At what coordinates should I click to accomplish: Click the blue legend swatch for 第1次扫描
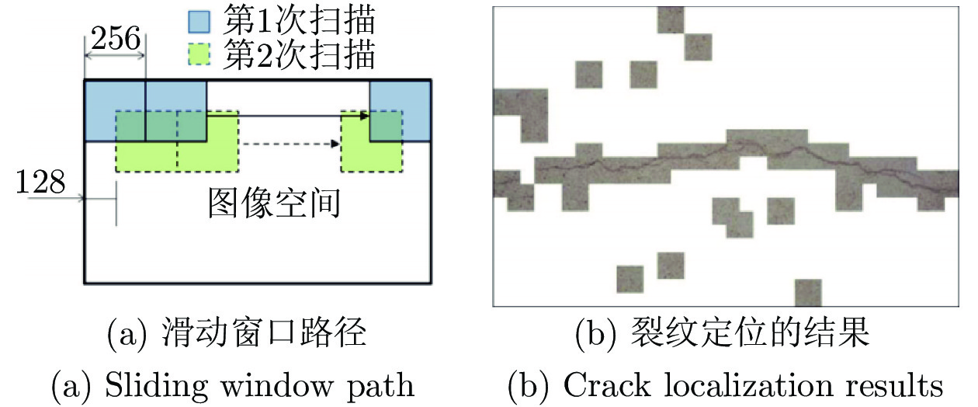tap(199, 22)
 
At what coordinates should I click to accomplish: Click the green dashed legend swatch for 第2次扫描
tap(199, 54)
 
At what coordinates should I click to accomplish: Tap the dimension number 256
tap(116, 38)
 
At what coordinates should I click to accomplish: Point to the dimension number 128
tap(40, 182)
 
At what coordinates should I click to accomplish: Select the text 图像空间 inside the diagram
tap(274, 203)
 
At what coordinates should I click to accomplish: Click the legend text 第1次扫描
tap(299, 20)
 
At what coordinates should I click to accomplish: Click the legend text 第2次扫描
tap(299, 54)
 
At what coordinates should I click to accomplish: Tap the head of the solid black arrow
tap(364, 116)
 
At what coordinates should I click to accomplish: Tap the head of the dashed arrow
tap(335, 144)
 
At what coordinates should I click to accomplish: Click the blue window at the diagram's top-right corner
tap(401, 111)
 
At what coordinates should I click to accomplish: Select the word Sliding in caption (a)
tap(156, 386)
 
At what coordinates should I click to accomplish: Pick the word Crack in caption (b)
tap(607, 385)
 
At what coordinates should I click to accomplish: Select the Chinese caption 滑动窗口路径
tap(264, 332)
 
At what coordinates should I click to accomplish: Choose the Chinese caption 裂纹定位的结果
tap(751, 332)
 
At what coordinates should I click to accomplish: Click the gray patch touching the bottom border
tap(808, 293)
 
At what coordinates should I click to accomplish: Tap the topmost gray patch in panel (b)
tap(671, 19)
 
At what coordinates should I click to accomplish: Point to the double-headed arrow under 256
tap(115, 55)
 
